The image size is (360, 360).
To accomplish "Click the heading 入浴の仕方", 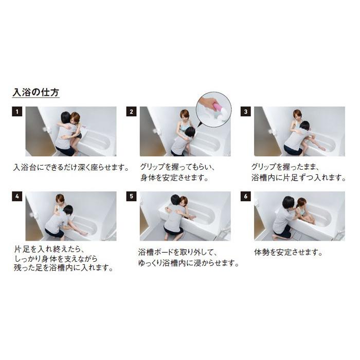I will coord(35,93).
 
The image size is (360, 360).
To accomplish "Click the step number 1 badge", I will coord(17,112).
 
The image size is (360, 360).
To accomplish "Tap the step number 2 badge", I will coord(132,112).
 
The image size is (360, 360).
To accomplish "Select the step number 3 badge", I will coord(246,112).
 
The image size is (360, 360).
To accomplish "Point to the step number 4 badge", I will coord(17,196).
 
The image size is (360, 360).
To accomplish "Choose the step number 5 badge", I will coord(132,196).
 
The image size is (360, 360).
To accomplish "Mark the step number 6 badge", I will coord(246,196).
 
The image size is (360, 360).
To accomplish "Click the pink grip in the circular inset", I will coord(218,107).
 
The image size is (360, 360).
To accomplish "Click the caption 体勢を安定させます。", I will coord(289,253).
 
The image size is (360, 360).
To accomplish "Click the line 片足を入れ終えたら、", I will coord(46,249).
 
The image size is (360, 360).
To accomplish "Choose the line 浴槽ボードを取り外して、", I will coord(178,253).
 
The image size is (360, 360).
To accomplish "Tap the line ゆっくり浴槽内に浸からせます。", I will coord(189,263).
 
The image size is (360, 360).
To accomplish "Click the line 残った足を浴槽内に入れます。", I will coord(64,268).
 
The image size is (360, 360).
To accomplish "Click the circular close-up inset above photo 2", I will coord(213,110).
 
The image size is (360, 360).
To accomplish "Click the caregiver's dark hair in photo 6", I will coord(287,202).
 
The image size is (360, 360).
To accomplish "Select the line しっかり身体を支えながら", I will coord(56,258).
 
